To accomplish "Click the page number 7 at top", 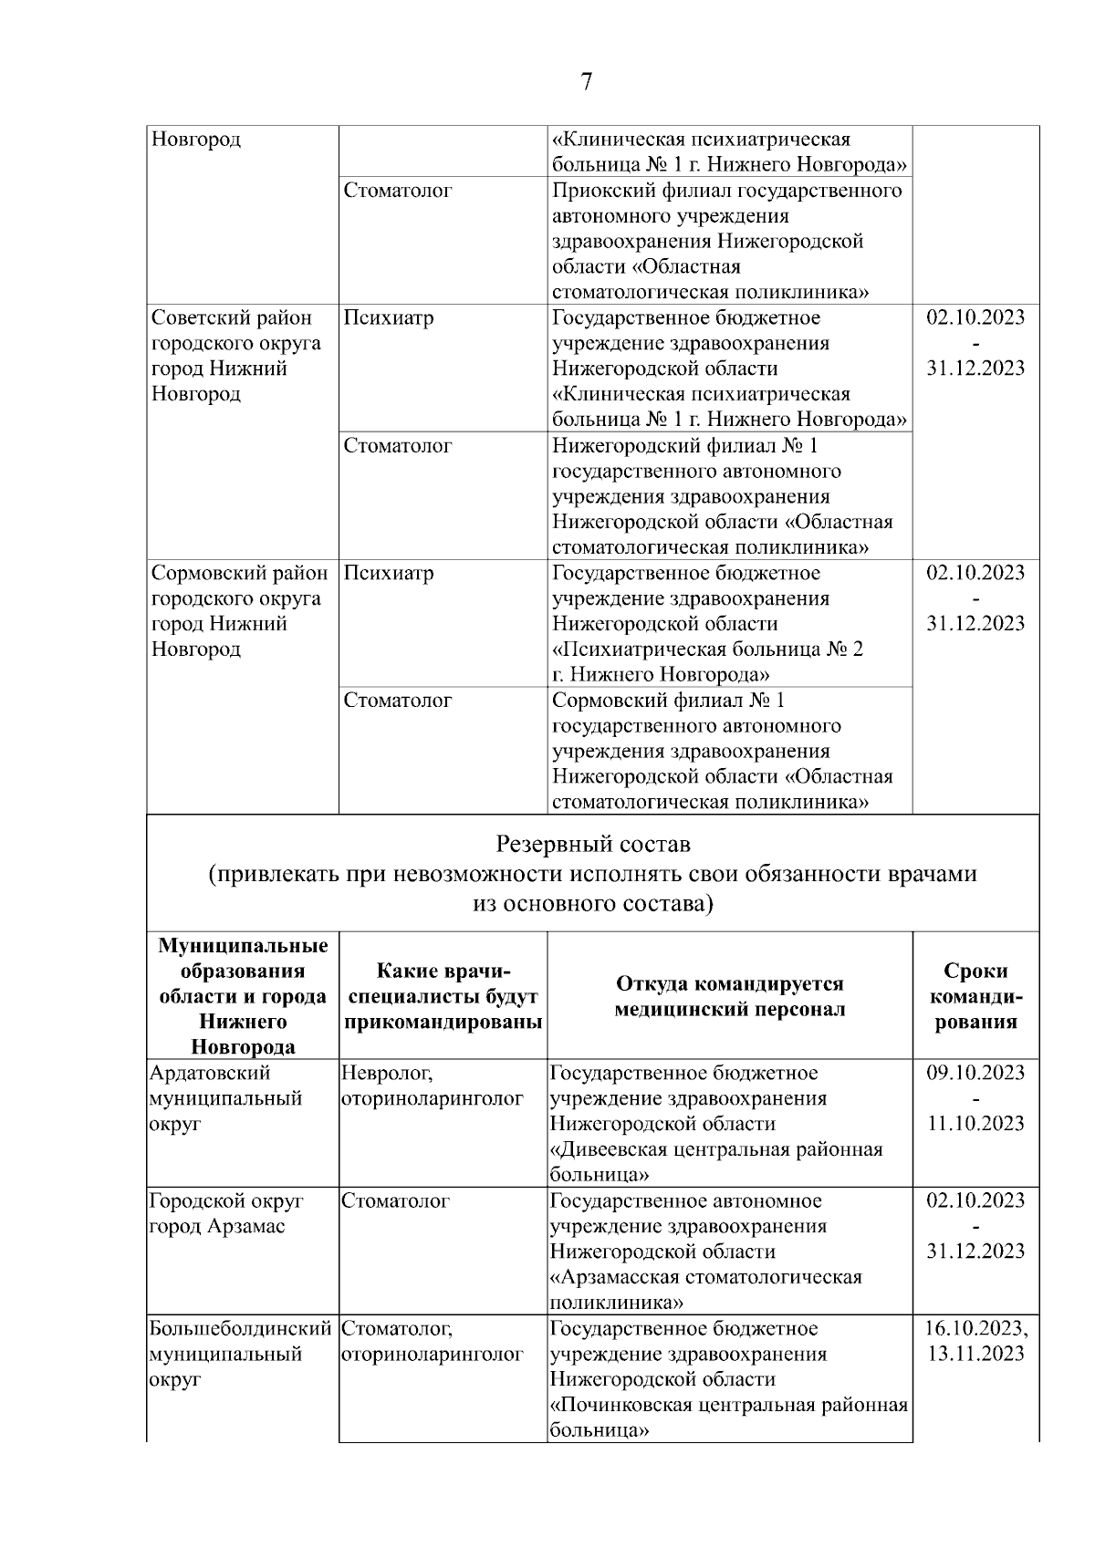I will [586, 82].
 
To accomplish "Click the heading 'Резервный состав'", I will [593, 843].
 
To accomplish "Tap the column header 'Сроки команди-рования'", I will [975, 995].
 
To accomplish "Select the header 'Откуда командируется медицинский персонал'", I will [729, 995].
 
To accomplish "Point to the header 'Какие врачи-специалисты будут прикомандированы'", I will [443, 995].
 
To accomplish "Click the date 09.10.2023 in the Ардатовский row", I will [975, 1073].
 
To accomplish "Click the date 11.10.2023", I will [975, 1124].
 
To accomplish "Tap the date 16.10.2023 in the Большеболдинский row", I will [975, 1328].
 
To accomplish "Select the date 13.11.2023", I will [975, 1354].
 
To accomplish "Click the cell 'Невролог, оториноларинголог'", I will [433, 1086].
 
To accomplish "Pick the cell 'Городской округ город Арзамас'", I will [225, 1213].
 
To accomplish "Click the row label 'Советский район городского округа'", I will [235, 331].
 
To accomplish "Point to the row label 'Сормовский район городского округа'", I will [239, 586].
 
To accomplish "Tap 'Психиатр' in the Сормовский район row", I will [389, 574].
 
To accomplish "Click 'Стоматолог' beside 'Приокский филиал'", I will [398, 191].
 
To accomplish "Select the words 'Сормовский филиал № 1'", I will [668, 701].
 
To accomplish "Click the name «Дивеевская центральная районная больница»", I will [716, 1161].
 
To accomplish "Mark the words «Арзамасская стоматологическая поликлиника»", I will [706, 1289].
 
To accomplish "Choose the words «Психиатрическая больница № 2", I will [707, 649].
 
